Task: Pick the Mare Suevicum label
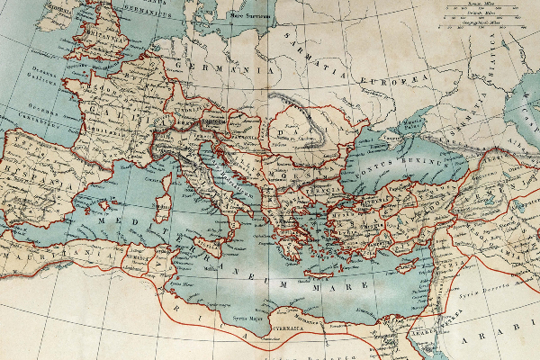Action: click(251, 15)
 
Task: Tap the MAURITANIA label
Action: click(45, 255)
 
